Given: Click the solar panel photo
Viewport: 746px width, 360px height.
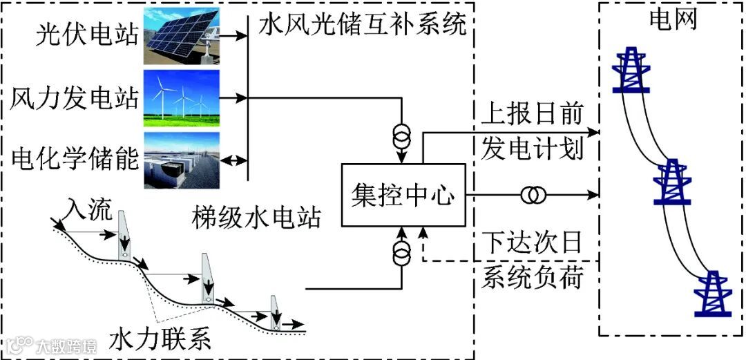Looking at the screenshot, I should click(x=181, y=36).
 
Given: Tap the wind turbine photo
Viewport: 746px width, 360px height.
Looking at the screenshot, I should click(x=181, y=97).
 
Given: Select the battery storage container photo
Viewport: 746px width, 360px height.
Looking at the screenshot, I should click(x=181, y=160).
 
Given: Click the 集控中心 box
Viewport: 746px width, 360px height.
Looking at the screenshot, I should click(x=403, y=196).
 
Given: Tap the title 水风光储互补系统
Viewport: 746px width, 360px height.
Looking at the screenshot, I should click(x=363, y=26).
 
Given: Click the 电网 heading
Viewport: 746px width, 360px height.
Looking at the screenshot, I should click(x=672, y=21).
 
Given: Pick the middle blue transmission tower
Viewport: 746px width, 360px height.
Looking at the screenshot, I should click(x=672, y=182).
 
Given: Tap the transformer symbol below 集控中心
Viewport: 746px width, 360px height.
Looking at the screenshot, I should click(x=401, y=254).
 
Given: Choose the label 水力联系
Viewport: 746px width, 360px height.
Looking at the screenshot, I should click(x=160, y=341).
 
